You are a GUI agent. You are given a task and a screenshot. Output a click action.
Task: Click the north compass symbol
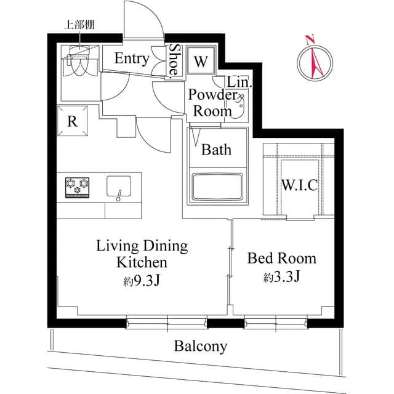click(315, 61)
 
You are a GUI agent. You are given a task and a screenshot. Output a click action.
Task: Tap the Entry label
click(132, 59)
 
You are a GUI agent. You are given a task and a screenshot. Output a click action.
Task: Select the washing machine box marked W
click(201, 62)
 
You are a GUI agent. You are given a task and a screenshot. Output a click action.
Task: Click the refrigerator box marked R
click(72, 121)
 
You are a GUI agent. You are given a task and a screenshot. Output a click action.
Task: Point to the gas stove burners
click(77, 187)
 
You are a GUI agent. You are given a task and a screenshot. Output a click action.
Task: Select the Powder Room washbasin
click(240, 105)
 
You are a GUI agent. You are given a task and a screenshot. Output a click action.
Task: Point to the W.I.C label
click(299, 185)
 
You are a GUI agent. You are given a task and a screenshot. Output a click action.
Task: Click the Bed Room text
click(281, 258)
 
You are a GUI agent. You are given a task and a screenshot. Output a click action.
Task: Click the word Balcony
click(200, 346)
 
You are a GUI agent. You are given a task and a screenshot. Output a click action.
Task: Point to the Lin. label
click(237, 82)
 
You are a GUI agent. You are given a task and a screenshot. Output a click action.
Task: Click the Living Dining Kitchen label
click(142, 254)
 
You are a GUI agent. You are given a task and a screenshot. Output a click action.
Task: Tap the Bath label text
click(216, 149)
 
